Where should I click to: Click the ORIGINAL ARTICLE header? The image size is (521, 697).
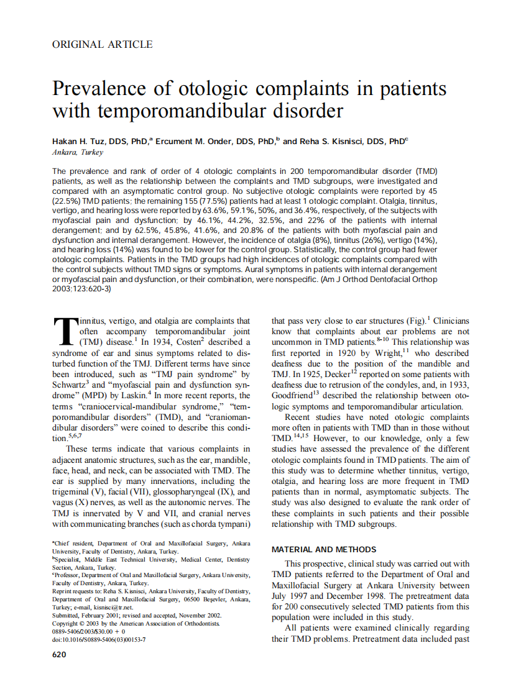tap(103, 44)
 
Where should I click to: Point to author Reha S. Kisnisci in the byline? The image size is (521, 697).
tap(325, 142)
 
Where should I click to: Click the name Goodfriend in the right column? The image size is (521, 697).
tap(295, 395)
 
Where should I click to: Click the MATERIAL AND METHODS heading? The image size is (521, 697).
tap(324, 549)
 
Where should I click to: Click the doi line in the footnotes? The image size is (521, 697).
tap(99, 639)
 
